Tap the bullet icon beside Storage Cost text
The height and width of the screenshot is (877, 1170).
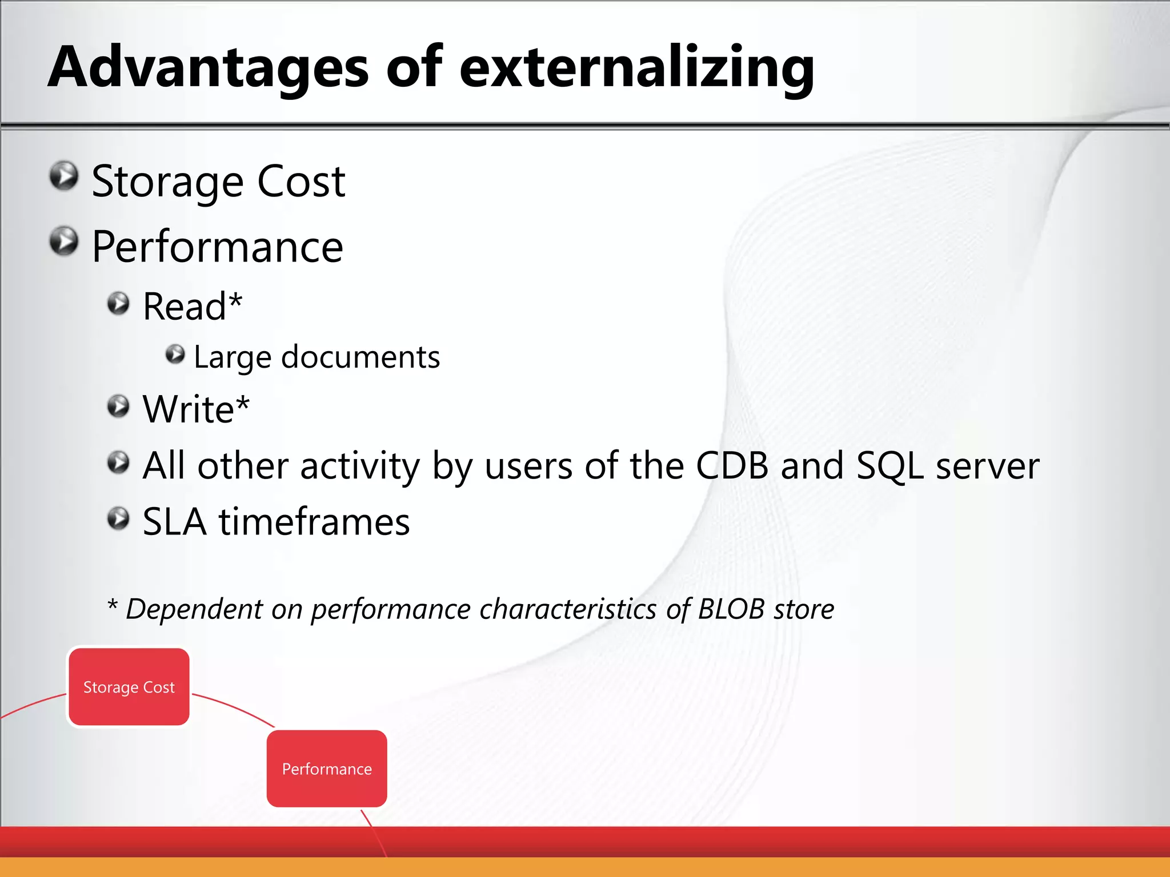pos(63,176)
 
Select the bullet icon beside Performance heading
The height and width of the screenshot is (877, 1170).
pos(63,242)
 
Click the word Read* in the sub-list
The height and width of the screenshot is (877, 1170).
pos(192,307)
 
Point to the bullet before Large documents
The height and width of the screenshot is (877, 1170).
pos(175,355)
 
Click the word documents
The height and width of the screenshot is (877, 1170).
pos(360,357)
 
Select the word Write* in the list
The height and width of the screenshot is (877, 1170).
pos(195,409)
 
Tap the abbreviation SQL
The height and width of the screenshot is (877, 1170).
pos(889,466)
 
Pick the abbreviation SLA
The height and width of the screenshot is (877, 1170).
pos(174,522)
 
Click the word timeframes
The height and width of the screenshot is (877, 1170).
pos(314,522)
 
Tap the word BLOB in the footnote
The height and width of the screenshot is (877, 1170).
pos(731,609)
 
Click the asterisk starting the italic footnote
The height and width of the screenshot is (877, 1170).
pos(113,605)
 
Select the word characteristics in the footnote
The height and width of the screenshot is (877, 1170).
pos(568,609)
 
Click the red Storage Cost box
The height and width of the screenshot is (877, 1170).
pos(129,687)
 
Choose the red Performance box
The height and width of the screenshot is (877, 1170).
pos(327,769)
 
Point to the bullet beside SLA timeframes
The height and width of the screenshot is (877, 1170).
pos(118,518)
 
